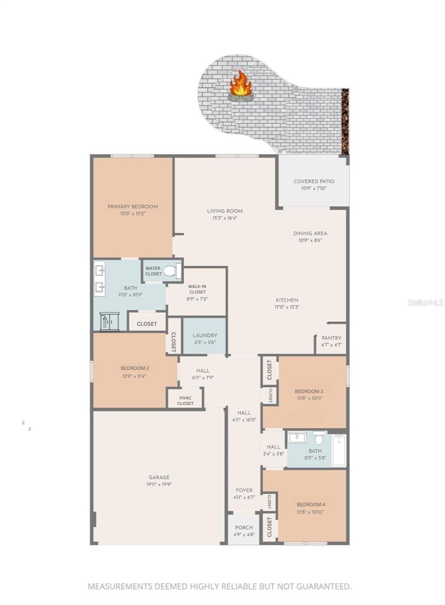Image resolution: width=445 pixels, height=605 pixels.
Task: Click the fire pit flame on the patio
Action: pos(241,85)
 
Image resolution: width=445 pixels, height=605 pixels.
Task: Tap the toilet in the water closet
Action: pos(170,271)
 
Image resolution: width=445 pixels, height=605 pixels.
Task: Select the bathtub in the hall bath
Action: pos(339,450)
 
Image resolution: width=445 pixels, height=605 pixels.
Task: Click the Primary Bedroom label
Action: pos(133,207)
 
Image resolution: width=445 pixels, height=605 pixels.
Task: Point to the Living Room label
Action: pos(225,211)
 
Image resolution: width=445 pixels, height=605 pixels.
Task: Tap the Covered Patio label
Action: pos(313,181)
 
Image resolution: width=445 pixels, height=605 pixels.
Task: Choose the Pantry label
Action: pos(331,338)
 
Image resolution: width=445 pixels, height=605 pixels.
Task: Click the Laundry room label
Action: pos(205,335)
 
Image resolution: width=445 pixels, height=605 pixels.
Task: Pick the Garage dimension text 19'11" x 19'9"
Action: pos(159,485)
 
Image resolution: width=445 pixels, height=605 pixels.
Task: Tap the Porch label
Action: pos(244,527)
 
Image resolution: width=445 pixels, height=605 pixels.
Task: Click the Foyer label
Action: pos(244,490)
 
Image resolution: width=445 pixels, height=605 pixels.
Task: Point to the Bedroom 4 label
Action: pos(310,505)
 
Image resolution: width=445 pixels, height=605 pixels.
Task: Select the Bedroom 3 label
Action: pos(309,391)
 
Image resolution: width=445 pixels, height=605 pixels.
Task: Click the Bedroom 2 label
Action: pos(135,368)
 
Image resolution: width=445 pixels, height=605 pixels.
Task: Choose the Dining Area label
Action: pos(310,233)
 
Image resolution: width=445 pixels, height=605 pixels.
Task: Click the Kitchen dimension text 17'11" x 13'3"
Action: pos(287,307)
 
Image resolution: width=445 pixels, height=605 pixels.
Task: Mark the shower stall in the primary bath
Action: pos(109,322)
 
